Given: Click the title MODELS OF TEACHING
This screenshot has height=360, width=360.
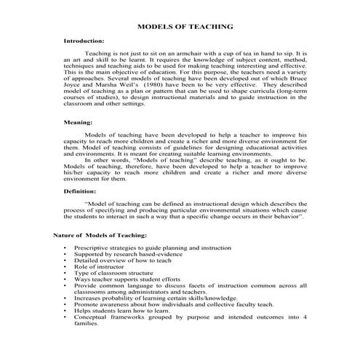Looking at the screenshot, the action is pyautogui.click(x=185, y=27).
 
